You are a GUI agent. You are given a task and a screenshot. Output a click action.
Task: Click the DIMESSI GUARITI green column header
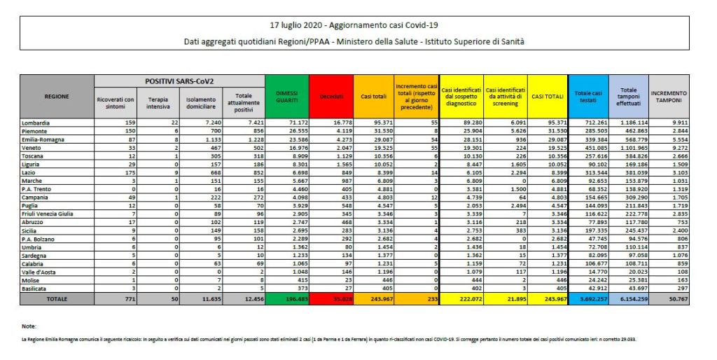(286, 97)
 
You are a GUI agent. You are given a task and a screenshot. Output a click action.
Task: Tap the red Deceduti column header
(330, 97)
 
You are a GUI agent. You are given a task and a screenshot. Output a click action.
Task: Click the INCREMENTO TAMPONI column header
(669, 97)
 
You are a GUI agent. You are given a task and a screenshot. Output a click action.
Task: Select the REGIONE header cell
(57, 97)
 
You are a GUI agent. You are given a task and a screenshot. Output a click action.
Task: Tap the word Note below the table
(28, 326)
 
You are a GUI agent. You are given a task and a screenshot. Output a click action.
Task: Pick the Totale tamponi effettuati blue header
(628, 97)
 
